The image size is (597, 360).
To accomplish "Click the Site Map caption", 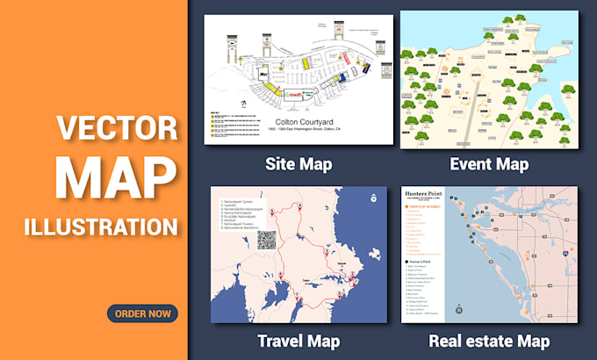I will click(298, 163).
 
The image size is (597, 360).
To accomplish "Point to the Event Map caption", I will click(489, 163).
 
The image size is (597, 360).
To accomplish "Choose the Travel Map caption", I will click(298, 340).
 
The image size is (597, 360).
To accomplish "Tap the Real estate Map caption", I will click(489, 340).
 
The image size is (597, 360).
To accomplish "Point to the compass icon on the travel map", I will click(374, 198).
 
